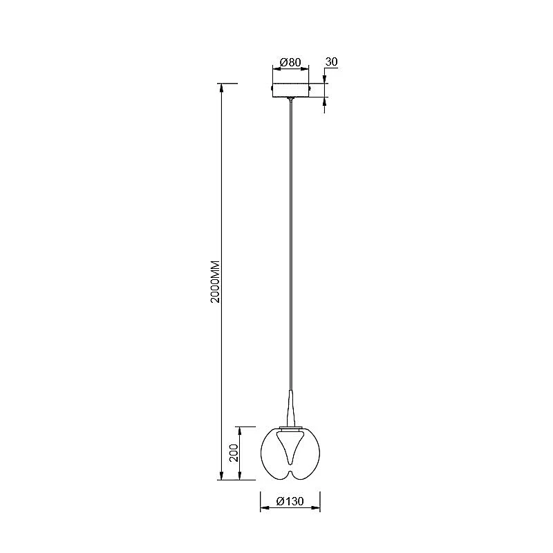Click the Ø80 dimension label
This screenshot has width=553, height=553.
290,62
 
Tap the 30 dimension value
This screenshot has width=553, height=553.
331,62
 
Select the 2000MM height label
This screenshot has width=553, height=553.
215,281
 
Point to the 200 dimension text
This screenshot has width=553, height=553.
234,453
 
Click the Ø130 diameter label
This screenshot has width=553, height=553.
290,500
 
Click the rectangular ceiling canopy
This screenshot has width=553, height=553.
290,90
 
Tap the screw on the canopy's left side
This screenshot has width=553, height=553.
271,87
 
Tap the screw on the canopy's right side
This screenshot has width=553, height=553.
310,87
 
